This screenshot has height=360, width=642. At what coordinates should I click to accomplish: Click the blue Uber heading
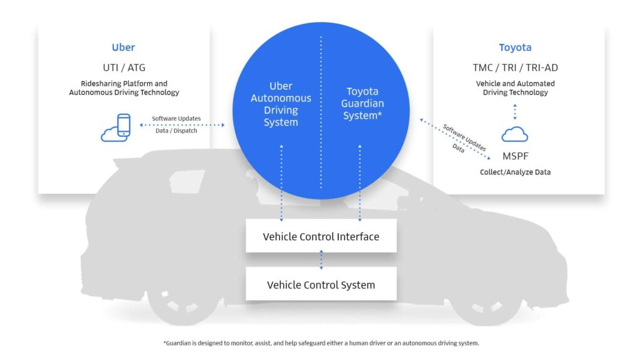coord(124,48)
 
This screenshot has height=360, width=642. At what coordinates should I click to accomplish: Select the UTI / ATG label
coord(124,67)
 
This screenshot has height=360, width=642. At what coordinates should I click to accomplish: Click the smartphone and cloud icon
coord(116,127)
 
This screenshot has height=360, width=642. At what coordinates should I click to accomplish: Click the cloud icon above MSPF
coord(515,134)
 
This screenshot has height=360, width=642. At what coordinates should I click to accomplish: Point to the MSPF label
coord(515,156)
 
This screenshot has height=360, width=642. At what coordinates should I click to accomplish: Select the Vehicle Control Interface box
coord(321,236)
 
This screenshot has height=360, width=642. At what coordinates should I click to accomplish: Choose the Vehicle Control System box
coord(321,285)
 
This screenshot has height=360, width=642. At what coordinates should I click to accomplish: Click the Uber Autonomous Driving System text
coord(281,104)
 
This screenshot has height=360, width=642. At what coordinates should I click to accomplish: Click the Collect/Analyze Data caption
coord(515,172)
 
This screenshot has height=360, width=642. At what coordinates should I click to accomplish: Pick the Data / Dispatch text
coord(176,130)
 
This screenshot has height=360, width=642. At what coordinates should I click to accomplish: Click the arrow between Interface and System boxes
coord(322,260)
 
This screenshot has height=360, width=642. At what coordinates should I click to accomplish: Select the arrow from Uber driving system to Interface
coord(281,183)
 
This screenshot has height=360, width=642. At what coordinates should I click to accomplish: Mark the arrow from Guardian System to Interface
coord(360,183)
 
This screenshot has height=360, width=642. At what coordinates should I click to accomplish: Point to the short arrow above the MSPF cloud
coord(515,112)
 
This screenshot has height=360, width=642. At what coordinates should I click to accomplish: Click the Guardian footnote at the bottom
coord(321,343)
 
